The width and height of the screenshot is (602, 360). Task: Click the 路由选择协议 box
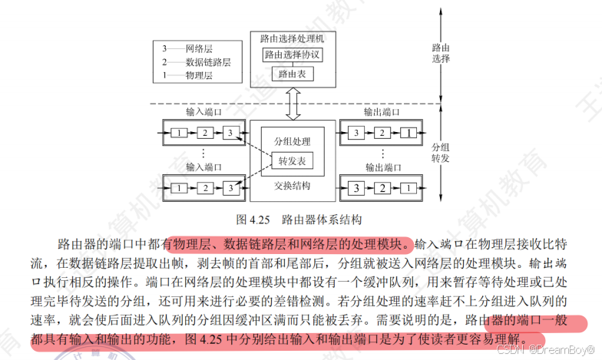293,54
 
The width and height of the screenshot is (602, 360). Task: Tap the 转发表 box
293,161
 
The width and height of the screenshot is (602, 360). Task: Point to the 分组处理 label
293,143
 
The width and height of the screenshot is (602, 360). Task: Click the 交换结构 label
293,185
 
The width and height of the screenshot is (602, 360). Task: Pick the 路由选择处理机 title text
293,38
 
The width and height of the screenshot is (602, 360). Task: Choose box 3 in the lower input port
228,187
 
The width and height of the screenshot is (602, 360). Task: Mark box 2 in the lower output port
380,188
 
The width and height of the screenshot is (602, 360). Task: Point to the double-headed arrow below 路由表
293,103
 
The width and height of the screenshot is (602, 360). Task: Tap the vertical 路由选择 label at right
442,52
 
